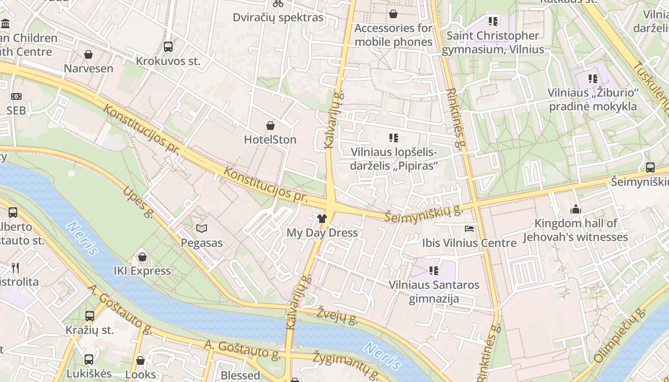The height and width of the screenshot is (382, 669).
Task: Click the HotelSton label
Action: (270, 139)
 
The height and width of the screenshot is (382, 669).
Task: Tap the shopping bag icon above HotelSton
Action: (270, 126)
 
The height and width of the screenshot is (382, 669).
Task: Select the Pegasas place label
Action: (202, 243)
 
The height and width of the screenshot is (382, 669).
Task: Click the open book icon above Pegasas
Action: (202, 229)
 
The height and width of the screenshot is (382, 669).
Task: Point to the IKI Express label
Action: (142, 271)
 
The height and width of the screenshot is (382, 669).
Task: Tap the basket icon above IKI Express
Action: (142, 257)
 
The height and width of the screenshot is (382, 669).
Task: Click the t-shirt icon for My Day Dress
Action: (322, 219)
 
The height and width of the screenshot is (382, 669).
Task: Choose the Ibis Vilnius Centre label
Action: (469, 243)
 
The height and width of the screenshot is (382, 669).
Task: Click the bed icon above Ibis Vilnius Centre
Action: (469, 229)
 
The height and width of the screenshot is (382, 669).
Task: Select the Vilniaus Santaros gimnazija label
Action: (434, 292)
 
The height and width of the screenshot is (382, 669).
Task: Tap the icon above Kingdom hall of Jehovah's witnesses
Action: (575, 209)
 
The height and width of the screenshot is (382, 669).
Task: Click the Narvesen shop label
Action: (88, 68)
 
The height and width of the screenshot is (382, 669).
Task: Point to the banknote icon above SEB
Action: (16, 96)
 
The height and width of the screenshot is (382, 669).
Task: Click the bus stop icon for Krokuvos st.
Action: (168, 47)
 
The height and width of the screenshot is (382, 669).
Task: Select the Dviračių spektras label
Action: (278, 18)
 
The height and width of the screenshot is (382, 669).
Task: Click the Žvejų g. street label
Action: (336, 315)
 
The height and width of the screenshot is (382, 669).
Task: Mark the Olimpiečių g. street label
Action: (619, 336)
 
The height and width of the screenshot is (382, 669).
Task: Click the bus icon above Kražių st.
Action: (89, 316)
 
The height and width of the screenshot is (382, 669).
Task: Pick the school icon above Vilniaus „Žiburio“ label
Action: (593, 79)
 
